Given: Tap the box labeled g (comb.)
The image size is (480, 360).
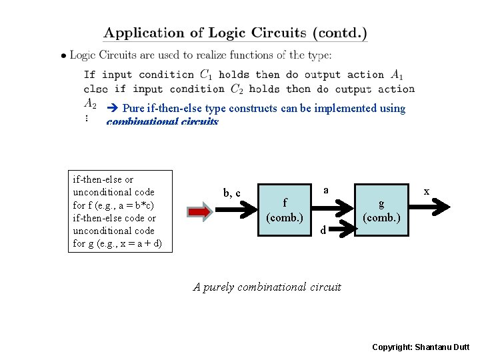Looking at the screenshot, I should (x=381, y=210).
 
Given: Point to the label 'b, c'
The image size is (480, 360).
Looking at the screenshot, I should (x=232, y=193).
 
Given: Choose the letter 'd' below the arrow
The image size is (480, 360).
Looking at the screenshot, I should (x=323, y=231).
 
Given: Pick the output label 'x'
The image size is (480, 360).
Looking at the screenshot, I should (x=427, y=191).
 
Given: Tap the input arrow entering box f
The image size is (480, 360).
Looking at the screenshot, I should (x=237, y=210).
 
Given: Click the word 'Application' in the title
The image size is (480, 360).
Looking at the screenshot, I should (x=143, y=33).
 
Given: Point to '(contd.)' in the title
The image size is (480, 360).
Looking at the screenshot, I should (x=340, y=33).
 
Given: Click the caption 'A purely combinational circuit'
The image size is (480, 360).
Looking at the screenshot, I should (x=267, y=287).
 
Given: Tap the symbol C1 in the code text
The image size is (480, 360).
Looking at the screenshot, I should (x=206, y=75).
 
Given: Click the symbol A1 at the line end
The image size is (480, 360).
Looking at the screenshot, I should (x=397, y=75).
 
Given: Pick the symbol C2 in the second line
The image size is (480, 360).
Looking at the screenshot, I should (x=237, y=89).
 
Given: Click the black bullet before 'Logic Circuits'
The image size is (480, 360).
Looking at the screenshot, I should (x=63, y=56).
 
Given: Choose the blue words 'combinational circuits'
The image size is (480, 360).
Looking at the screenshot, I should (x=162, y=122).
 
